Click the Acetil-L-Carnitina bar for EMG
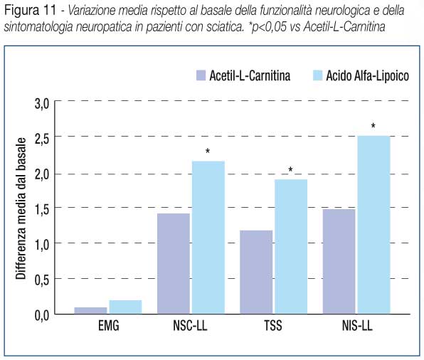click(x=90, y=310)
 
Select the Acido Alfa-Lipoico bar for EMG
click(x=125, y=307)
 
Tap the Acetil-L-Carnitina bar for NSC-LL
click(x=174, y=264)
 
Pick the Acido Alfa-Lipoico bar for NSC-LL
click(x=208, y=238)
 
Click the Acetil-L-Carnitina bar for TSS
click(x=256, y=272)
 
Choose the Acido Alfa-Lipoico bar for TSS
click(x=291, y=247)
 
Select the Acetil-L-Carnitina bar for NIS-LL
click(x=339, y=262)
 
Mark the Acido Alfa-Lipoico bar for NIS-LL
click(x=374, y=225)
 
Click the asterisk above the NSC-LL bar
click(x=208, y=151)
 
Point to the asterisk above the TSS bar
click(x=290, y=169)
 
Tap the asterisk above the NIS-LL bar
click(x=373, y=125)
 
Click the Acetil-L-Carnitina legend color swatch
click(x=201, y=75)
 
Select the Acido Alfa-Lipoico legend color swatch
click(x=318, y=75)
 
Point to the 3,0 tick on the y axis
click(x=42, y=104)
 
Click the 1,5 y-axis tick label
click(x=42, y=209)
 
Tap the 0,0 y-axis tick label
click(x=42, y=315)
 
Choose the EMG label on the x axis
click(x=108, y=325)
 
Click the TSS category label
click(x=273, y=325)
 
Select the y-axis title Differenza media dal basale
click(x=21, y=208)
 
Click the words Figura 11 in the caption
click(x=30, y=10)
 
